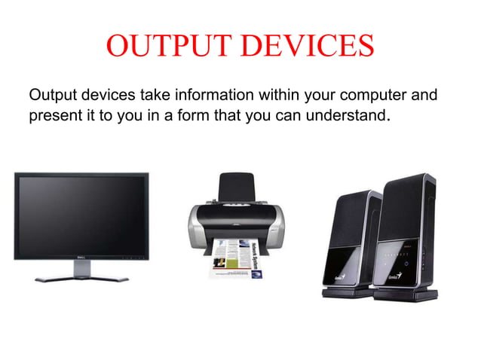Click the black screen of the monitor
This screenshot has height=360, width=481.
click(81, 215)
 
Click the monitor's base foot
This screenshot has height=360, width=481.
click(81, 278)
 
